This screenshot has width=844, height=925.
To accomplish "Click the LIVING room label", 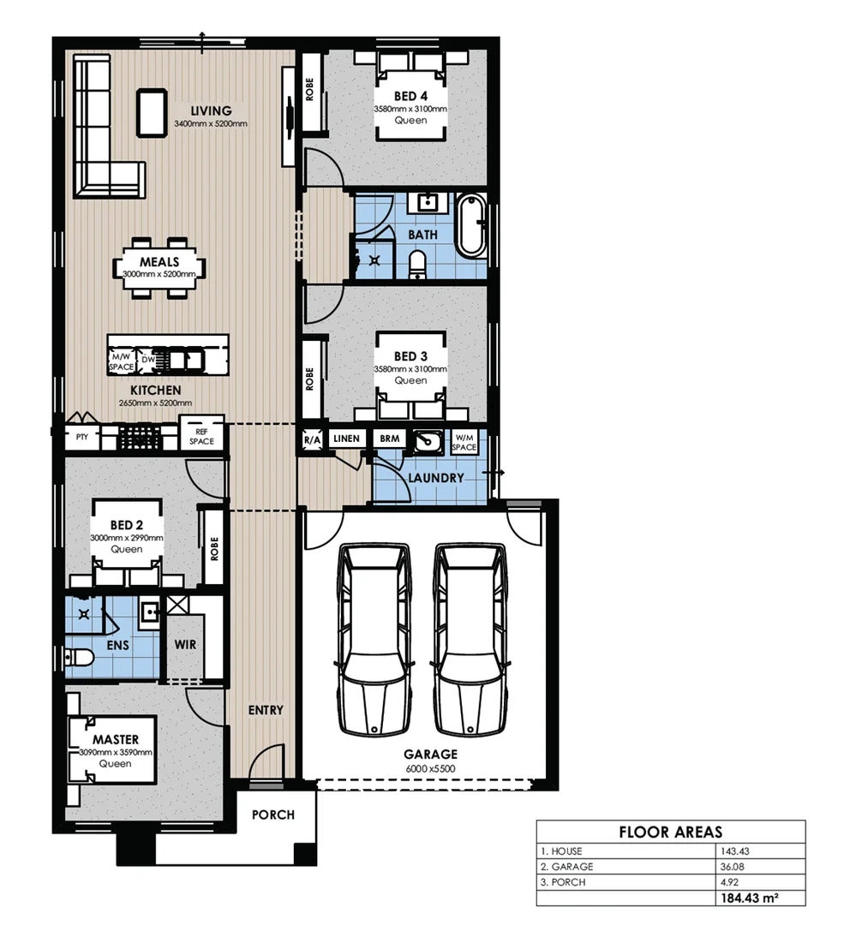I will pyautogui.click(x=211, y=110).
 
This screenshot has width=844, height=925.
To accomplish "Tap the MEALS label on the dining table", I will pyautogui.click(x=159, y=262).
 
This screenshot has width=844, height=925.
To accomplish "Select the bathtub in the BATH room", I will pyautogui.click(x=470, y=225).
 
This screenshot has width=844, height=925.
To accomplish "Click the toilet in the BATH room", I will pyautogui.click(x=417, y=264).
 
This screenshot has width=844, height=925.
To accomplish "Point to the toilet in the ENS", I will pyautogui.click(x=80, y=658).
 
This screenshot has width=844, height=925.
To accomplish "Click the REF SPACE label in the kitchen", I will pyautogui.click(x=202, y=436).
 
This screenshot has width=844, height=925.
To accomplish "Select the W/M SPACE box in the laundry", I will pyautogui.click(x=464, y=442).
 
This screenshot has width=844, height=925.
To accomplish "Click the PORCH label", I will pyautogui.click(x=272, y=815).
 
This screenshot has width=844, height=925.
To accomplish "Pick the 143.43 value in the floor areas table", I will pyautogui.click(x=730, y=851).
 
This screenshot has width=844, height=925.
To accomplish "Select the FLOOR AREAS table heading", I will pyautogui.click(x=670, y=832).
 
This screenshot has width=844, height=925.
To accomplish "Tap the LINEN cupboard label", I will pyautogui.click(x=346, y=439).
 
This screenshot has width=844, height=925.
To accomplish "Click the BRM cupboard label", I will pyautogui.click(x=389, y=439).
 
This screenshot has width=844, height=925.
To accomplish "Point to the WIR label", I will pyautogui.click(x=187, y=644).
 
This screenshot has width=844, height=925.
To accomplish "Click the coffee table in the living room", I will pyautogui.click(x=153, y=111).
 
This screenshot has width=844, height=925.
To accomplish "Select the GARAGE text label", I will pyautogui.click(x=431, y=755).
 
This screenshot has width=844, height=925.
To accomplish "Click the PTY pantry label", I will pyautogui.click(x=82, y=437).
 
